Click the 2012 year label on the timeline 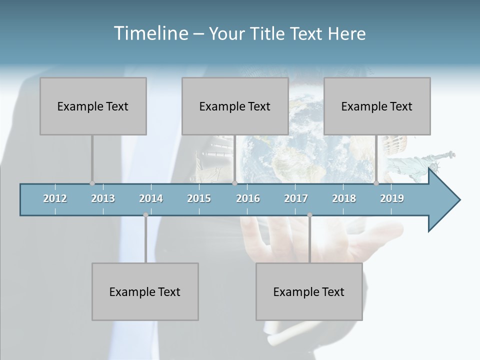[55, 198]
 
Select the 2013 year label [103, 198]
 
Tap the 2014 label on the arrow [151, 198]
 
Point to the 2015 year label [199, 198]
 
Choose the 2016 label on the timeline [248, 198]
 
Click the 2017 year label [296, 198]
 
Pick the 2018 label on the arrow [344, 198]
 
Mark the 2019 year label [392, 198]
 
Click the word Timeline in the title [150, 33]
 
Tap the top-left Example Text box [93, 106]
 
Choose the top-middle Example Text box [235, 106]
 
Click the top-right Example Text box [377, 106]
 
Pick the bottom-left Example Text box [145, 291]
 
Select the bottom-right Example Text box [309, 291]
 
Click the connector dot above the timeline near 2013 [92, 183]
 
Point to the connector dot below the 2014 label [145, 215]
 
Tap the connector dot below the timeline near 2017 [309, 215]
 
